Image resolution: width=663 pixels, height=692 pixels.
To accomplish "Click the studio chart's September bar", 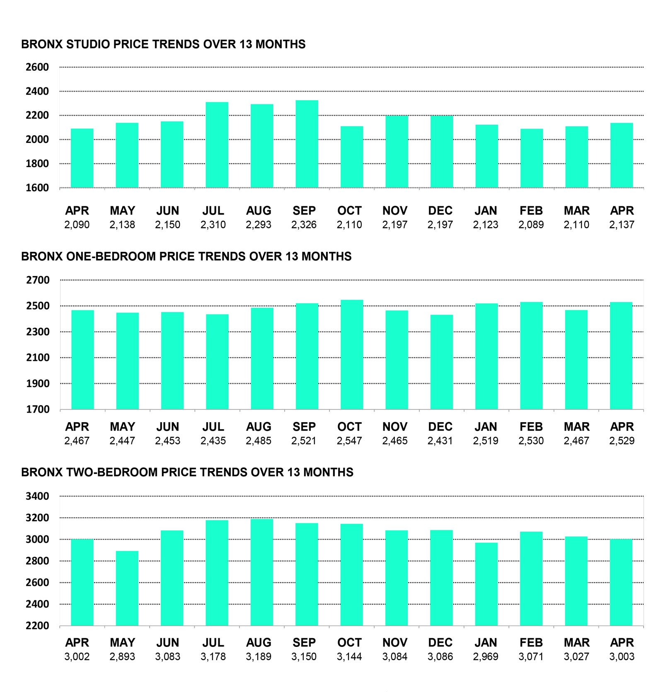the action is click(x=307, y=144).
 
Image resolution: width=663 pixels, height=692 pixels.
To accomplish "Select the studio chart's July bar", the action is click(x=217, y=145).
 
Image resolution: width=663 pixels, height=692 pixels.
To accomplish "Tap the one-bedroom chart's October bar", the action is click(x=352, y=355).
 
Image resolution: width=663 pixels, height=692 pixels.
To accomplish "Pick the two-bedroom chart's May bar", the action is click(x=127, y=588).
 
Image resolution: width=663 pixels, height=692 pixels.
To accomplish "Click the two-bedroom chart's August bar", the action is click(x=262, y=572).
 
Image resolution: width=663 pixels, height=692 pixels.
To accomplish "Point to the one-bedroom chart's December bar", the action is click(x=442, y=362).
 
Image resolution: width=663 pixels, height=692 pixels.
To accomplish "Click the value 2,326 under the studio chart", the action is click(x=304, y=225).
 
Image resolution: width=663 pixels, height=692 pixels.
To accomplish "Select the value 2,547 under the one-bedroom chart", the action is click(x=349, y=441).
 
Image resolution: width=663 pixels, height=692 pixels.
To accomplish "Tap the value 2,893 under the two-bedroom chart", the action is click(x=122, y=657).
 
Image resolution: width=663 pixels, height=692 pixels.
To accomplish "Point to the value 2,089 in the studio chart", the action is click(x=531, y=225).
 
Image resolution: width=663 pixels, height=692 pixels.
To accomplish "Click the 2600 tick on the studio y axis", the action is click(x=37, y=67).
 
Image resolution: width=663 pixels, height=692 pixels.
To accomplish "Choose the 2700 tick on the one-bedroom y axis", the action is click(x=38, y=280).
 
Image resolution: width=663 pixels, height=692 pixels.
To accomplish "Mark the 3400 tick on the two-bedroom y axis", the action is click(x=37, y=496).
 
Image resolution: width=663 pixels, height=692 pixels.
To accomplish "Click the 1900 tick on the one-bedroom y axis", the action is click(x=38, y=384).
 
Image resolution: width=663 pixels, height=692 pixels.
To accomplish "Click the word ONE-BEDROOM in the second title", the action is click(x=111, y=256).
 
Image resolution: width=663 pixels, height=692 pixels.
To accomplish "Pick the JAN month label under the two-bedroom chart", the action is click(x=486, y=643).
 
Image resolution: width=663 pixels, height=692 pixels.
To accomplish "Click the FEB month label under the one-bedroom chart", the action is click(x=531, y=427).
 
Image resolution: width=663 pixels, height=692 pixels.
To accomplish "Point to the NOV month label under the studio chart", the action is click(x=395, y=211).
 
